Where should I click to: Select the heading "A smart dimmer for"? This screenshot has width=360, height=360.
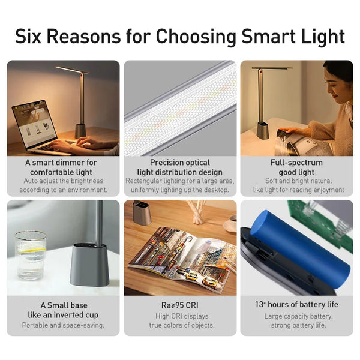click(61, 163)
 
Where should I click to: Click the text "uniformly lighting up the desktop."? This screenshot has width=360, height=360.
click(181, 190)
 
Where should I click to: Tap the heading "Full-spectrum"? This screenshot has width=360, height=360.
click(297, 163)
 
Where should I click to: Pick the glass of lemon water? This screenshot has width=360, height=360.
click(31, 254)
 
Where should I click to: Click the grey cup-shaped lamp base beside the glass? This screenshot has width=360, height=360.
click(89, 264)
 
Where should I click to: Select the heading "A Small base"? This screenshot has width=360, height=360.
click(61, 305)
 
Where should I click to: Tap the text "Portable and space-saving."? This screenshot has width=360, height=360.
click(63, 325)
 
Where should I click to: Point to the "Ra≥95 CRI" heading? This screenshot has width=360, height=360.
click(180, 305)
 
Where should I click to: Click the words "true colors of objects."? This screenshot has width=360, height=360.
click(180, 325)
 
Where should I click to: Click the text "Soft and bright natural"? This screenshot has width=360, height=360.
click(297, 181)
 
